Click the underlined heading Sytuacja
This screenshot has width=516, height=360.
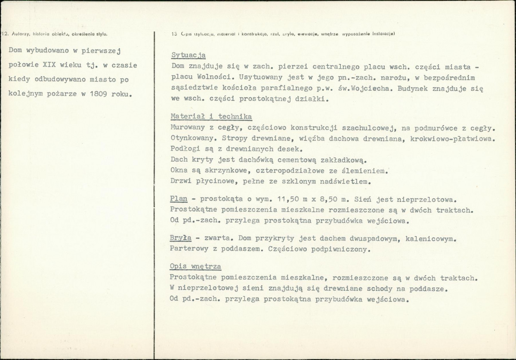click(x=188, y=55)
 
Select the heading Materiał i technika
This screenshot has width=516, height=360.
click(x=211, y=117)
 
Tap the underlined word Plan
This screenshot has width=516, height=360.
click(x=178, y=199)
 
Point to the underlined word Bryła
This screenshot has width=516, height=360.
click(x=180, y=238)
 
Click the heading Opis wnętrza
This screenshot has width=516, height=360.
click(x=195, y=267)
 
